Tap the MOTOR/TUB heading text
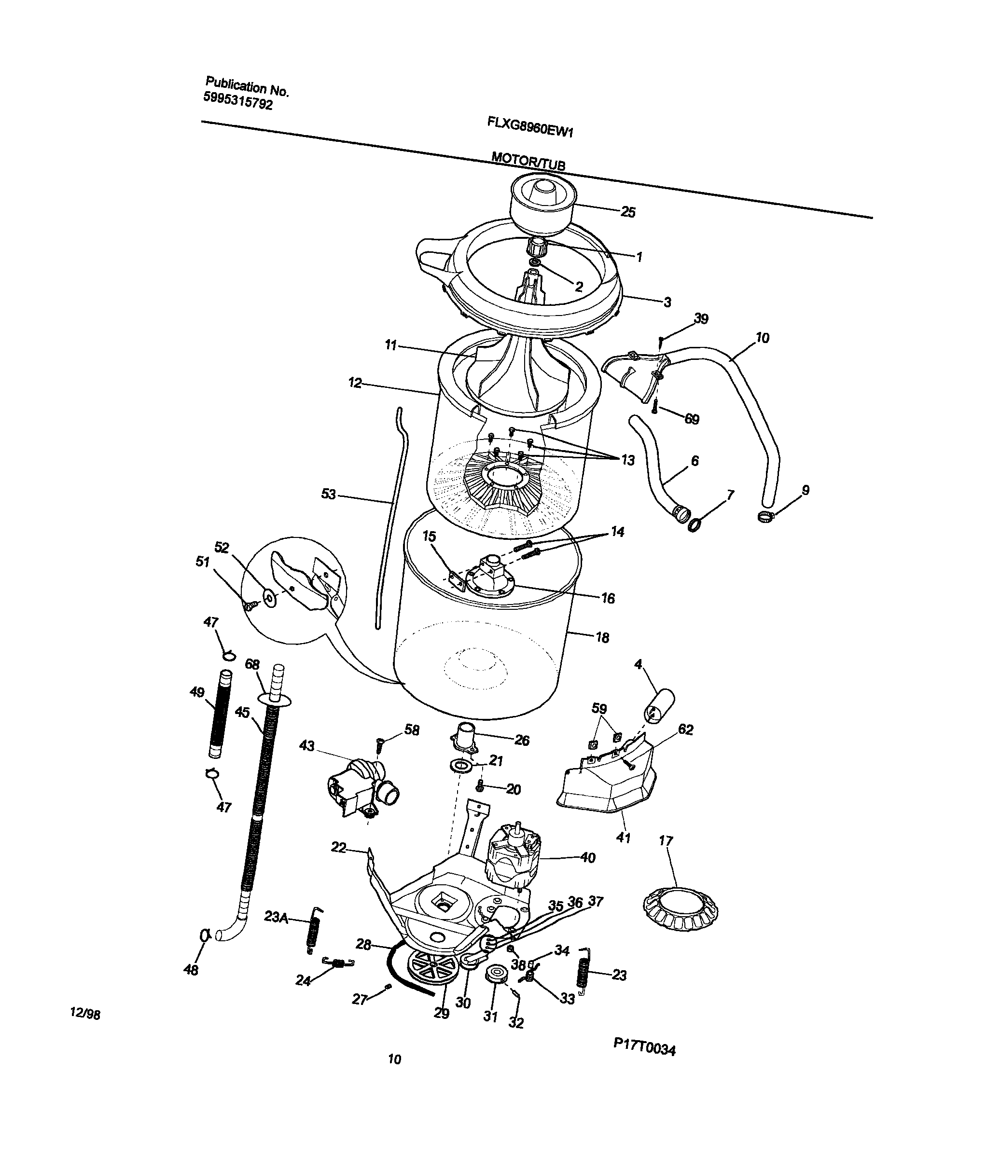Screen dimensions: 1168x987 point(528,161)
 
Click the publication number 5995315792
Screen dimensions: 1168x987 point(238,101)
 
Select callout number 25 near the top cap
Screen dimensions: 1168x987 point(628,212)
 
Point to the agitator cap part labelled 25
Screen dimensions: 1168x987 point(542,204)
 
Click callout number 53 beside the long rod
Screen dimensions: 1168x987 point(329,494)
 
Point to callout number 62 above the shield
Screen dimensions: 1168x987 point(685,729)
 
